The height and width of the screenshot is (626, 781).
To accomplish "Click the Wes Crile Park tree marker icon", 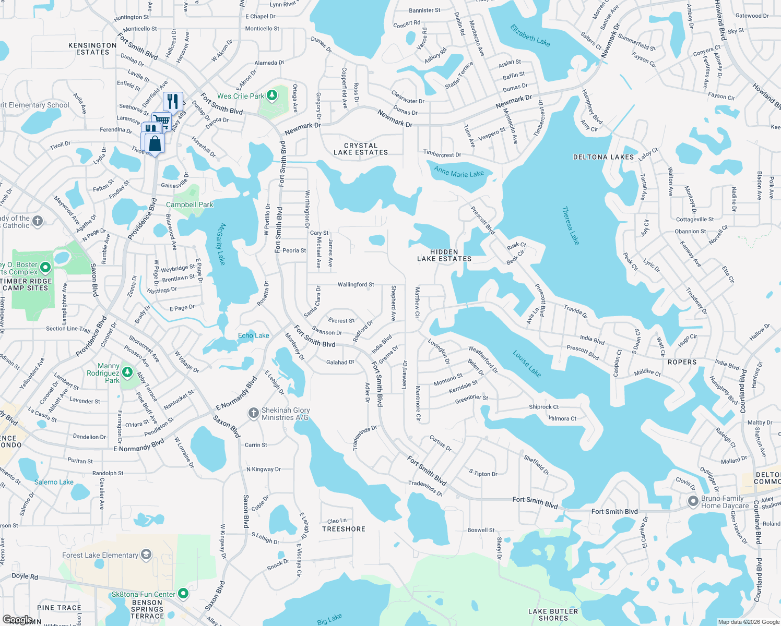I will (271, 95).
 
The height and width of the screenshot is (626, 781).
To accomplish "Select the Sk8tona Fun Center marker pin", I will (183, 594).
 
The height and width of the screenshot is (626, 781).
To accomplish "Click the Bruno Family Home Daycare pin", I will (693, 502).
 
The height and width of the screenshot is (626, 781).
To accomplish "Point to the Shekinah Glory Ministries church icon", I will (254, 414).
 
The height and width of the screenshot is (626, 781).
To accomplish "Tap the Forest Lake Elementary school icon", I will (146, 555).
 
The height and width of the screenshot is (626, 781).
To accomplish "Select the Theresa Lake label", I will (571, 225).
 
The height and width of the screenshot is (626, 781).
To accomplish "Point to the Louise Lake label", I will (527, 364).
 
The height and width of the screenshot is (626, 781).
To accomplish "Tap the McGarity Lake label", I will (221, 244).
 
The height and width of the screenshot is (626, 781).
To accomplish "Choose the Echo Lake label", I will (254, 335).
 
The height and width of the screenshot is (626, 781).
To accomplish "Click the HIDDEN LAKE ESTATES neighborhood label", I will (444, 255).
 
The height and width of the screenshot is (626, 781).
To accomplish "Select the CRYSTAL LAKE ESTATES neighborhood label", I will (361, 149).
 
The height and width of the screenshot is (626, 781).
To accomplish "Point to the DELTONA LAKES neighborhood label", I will (603, 157).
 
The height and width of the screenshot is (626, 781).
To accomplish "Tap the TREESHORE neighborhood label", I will (344, 529).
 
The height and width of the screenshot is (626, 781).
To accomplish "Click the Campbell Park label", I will (190, 205).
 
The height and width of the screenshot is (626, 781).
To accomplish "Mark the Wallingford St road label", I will (356, 285).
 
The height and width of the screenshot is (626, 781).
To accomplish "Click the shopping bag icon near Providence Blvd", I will (155, 143).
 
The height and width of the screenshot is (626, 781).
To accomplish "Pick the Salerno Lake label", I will (54, 482).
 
